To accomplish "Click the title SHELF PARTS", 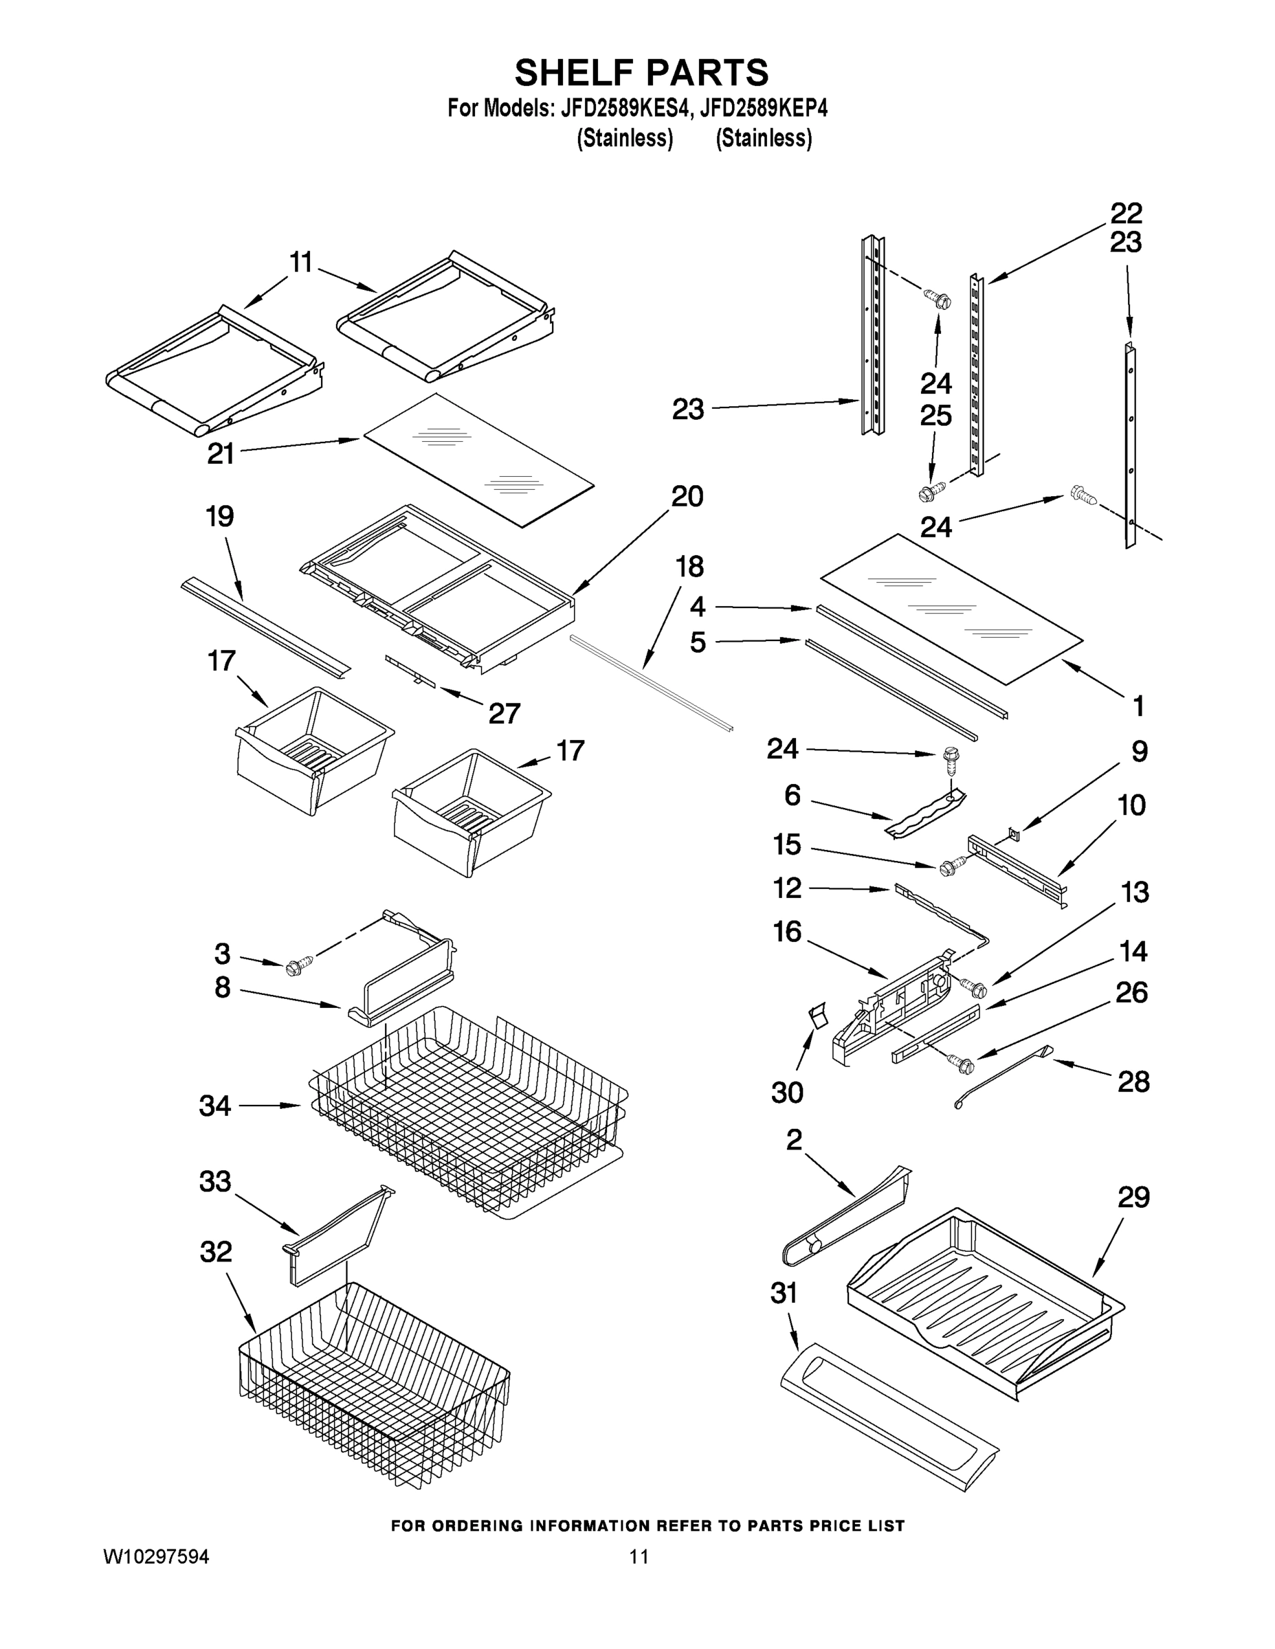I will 641,74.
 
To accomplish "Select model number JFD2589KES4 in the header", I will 625,109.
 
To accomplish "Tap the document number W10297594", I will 155,1556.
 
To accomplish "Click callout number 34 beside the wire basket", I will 214,1106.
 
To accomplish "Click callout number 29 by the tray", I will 1133,1198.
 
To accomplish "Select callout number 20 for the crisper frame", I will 687,496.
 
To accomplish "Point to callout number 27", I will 504,713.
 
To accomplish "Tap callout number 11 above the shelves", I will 300,262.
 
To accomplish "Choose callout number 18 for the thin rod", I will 689,566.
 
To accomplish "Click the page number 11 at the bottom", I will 639,1556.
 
